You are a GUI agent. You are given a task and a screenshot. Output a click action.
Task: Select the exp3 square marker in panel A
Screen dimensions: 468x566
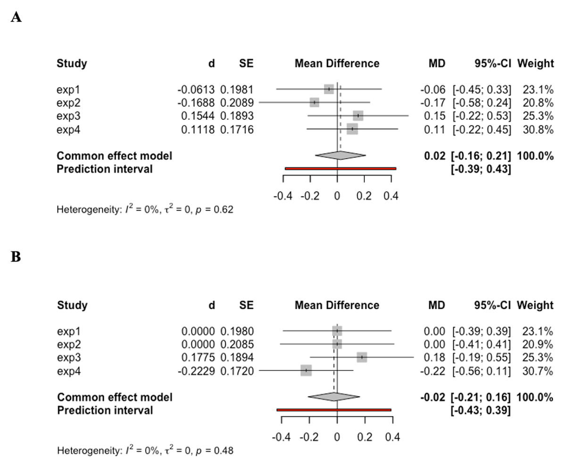click(358, 115)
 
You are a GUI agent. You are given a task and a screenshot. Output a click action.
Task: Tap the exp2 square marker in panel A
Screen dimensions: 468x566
click(315, 102)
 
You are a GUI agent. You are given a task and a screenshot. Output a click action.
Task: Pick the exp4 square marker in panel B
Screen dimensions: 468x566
click(307, 370)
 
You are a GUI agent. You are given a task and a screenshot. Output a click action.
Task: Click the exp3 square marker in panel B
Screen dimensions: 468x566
click(362, 357)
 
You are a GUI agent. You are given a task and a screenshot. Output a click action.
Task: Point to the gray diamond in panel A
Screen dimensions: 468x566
click(340, 156)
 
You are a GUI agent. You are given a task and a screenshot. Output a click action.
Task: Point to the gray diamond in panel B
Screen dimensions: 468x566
click(333, 397)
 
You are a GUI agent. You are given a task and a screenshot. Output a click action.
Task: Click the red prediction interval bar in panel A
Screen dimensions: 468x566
click(340, 168)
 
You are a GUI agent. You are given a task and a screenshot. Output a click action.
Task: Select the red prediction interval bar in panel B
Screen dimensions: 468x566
click(334, 410)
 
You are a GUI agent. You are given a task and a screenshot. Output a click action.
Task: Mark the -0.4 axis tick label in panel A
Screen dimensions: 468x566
click(283, 196)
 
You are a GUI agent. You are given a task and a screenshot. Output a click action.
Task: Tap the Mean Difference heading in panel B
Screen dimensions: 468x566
click(337, 305)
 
